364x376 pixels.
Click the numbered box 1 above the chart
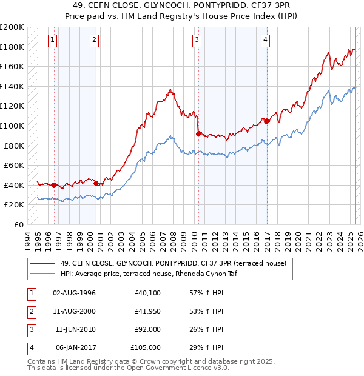[53, 41]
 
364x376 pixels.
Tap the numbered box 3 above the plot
[197, 41]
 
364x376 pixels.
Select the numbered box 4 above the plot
[265, 41]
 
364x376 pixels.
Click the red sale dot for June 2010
[198, 133]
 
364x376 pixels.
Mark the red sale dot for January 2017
[266, 121]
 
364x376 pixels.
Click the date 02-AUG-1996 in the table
[75, 294]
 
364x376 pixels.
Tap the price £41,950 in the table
[147, 312]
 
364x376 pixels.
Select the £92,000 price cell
[147, 330]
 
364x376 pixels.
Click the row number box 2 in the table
[30, 312]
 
